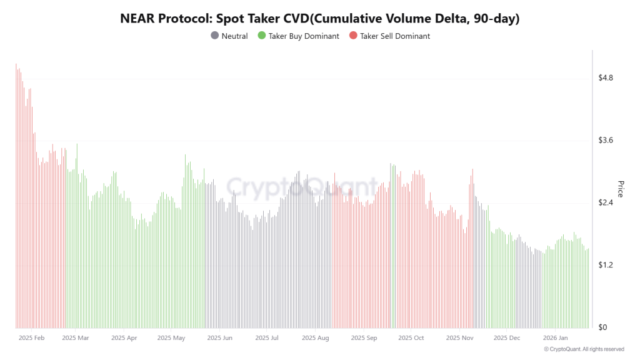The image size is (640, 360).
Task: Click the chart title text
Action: pos(320,19)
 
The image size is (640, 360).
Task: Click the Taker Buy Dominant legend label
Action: pos(304,36)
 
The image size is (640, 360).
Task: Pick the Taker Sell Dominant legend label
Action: pos(395,36)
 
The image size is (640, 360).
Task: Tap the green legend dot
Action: pos(262,36)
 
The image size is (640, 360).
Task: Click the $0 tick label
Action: pos(603,327)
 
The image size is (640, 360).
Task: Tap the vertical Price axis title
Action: pos(621,189)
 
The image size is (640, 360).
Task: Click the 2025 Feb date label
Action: pos(31,338)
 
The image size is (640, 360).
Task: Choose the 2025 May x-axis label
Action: pos(171,338)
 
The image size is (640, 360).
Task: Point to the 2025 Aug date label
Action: pos(315,338)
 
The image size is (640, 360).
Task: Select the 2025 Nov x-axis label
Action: pos(460,338)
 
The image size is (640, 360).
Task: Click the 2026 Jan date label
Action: pos(556,338)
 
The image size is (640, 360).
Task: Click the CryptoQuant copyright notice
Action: pos(584,349)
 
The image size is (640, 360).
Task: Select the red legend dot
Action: pos(354,36)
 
